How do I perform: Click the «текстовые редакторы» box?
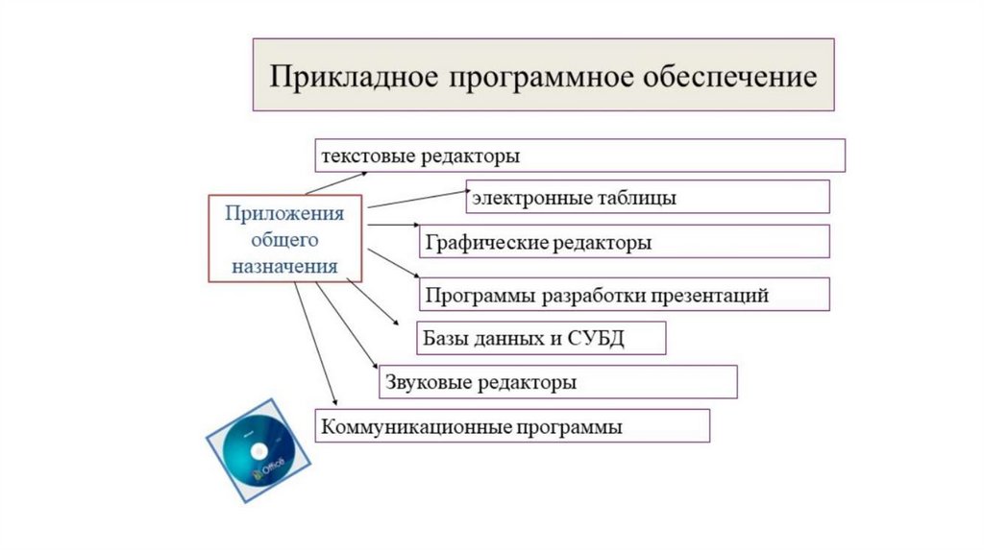click(579, 155)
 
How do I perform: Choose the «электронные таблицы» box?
click(648, 198)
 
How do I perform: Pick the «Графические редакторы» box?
click(624, 242)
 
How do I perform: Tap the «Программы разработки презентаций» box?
click(624, 295)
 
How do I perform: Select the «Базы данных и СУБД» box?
click(540, 338)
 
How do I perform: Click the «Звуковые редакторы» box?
click(557, 382)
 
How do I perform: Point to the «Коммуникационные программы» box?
click(512, 426)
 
